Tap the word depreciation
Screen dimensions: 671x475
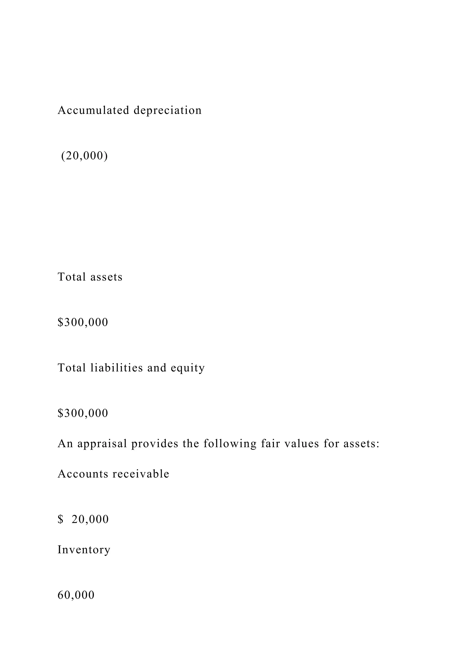[168, 111]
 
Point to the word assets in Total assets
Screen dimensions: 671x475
[106, 277]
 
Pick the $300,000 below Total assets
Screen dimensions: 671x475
[83, 322]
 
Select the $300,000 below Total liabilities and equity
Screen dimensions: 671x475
[83, 413]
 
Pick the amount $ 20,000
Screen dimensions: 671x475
[83, 519]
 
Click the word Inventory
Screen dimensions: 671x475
[84, 550]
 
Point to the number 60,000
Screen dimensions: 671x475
[76, 595]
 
